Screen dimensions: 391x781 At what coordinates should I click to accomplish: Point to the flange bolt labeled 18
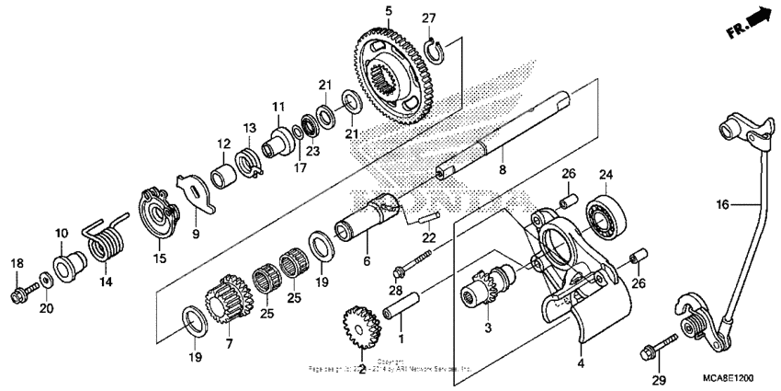click(x=21, y=293)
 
